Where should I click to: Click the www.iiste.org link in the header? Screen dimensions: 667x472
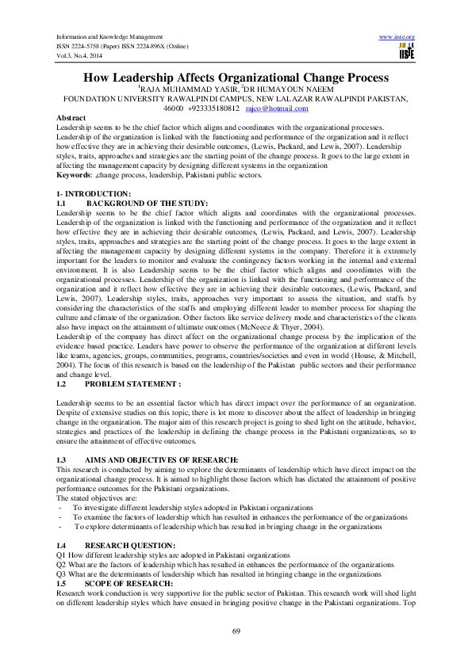pos(398,37)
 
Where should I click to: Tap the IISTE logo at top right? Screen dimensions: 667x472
pos(406,51)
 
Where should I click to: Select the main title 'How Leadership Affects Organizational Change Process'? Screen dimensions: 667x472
pos(236,78)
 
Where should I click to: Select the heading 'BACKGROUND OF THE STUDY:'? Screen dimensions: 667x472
pos(136,204)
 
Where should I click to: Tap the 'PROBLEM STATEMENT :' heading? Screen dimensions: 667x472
pos(132,383)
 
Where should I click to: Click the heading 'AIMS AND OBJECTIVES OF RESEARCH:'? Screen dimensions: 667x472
pos(161,459)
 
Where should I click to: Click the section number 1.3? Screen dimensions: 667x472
pos(63,459)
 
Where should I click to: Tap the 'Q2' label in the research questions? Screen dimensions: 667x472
pos(62,565)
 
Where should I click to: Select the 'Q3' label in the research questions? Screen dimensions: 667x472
pos(62,574)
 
